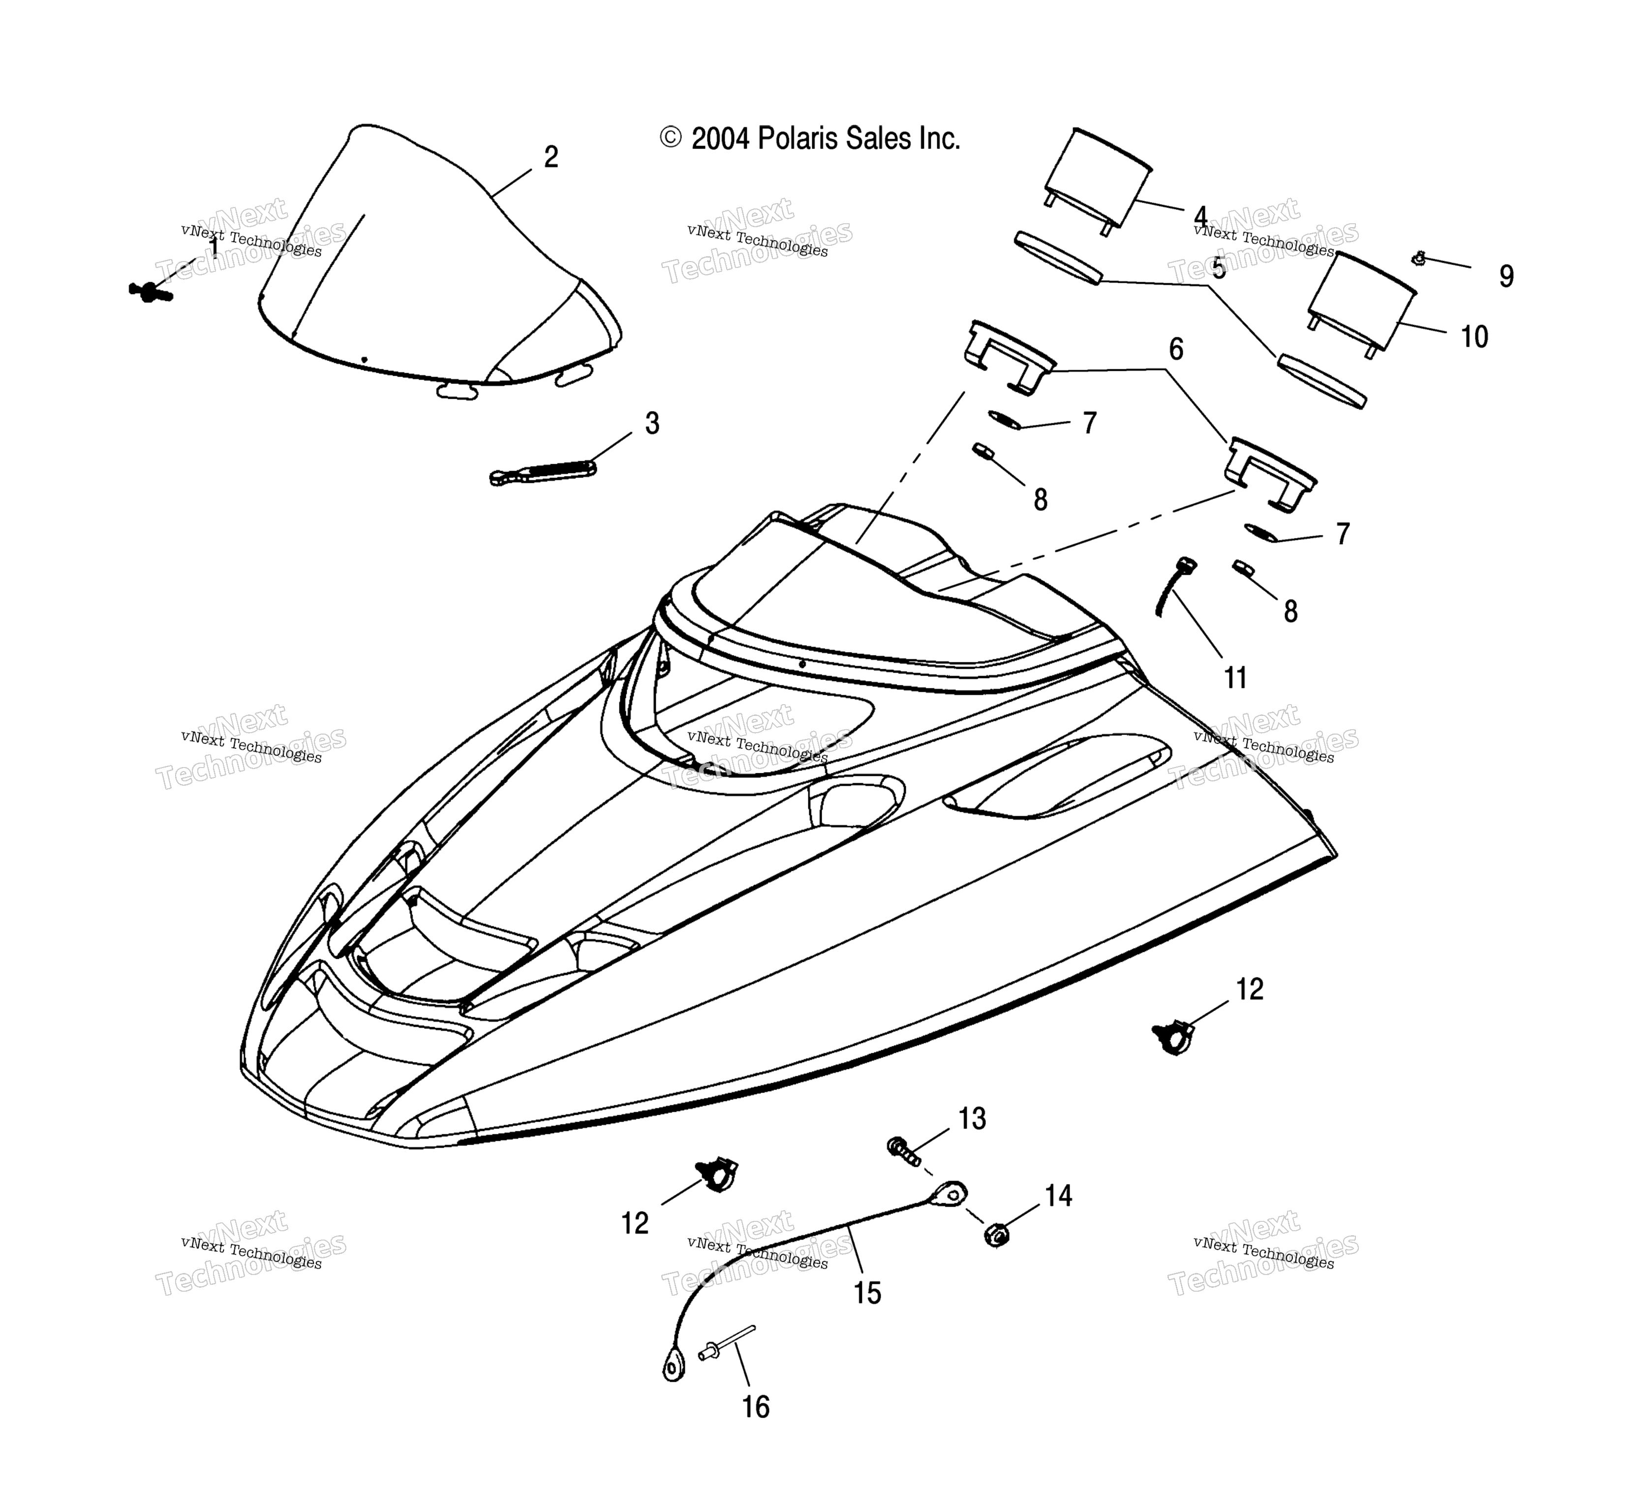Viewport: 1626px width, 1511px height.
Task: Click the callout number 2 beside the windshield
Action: click(x=552, y=157)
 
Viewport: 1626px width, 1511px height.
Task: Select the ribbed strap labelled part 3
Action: click(x=542, y=472)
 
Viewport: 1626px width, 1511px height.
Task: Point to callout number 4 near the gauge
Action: click(x=1200, y=217)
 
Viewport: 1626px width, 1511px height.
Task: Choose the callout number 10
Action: click(x=1474, y=337)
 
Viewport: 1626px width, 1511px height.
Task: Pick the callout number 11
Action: click(x=1235, y=678)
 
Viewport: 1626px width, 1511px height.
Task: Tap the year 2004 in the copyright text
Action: click(x=720, y=140)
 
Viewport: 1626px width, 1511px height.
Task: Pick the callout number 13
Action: click(x=973, y=1119)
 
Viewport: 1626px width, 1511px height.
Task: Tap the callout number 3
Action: click(x=652, y=423)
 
